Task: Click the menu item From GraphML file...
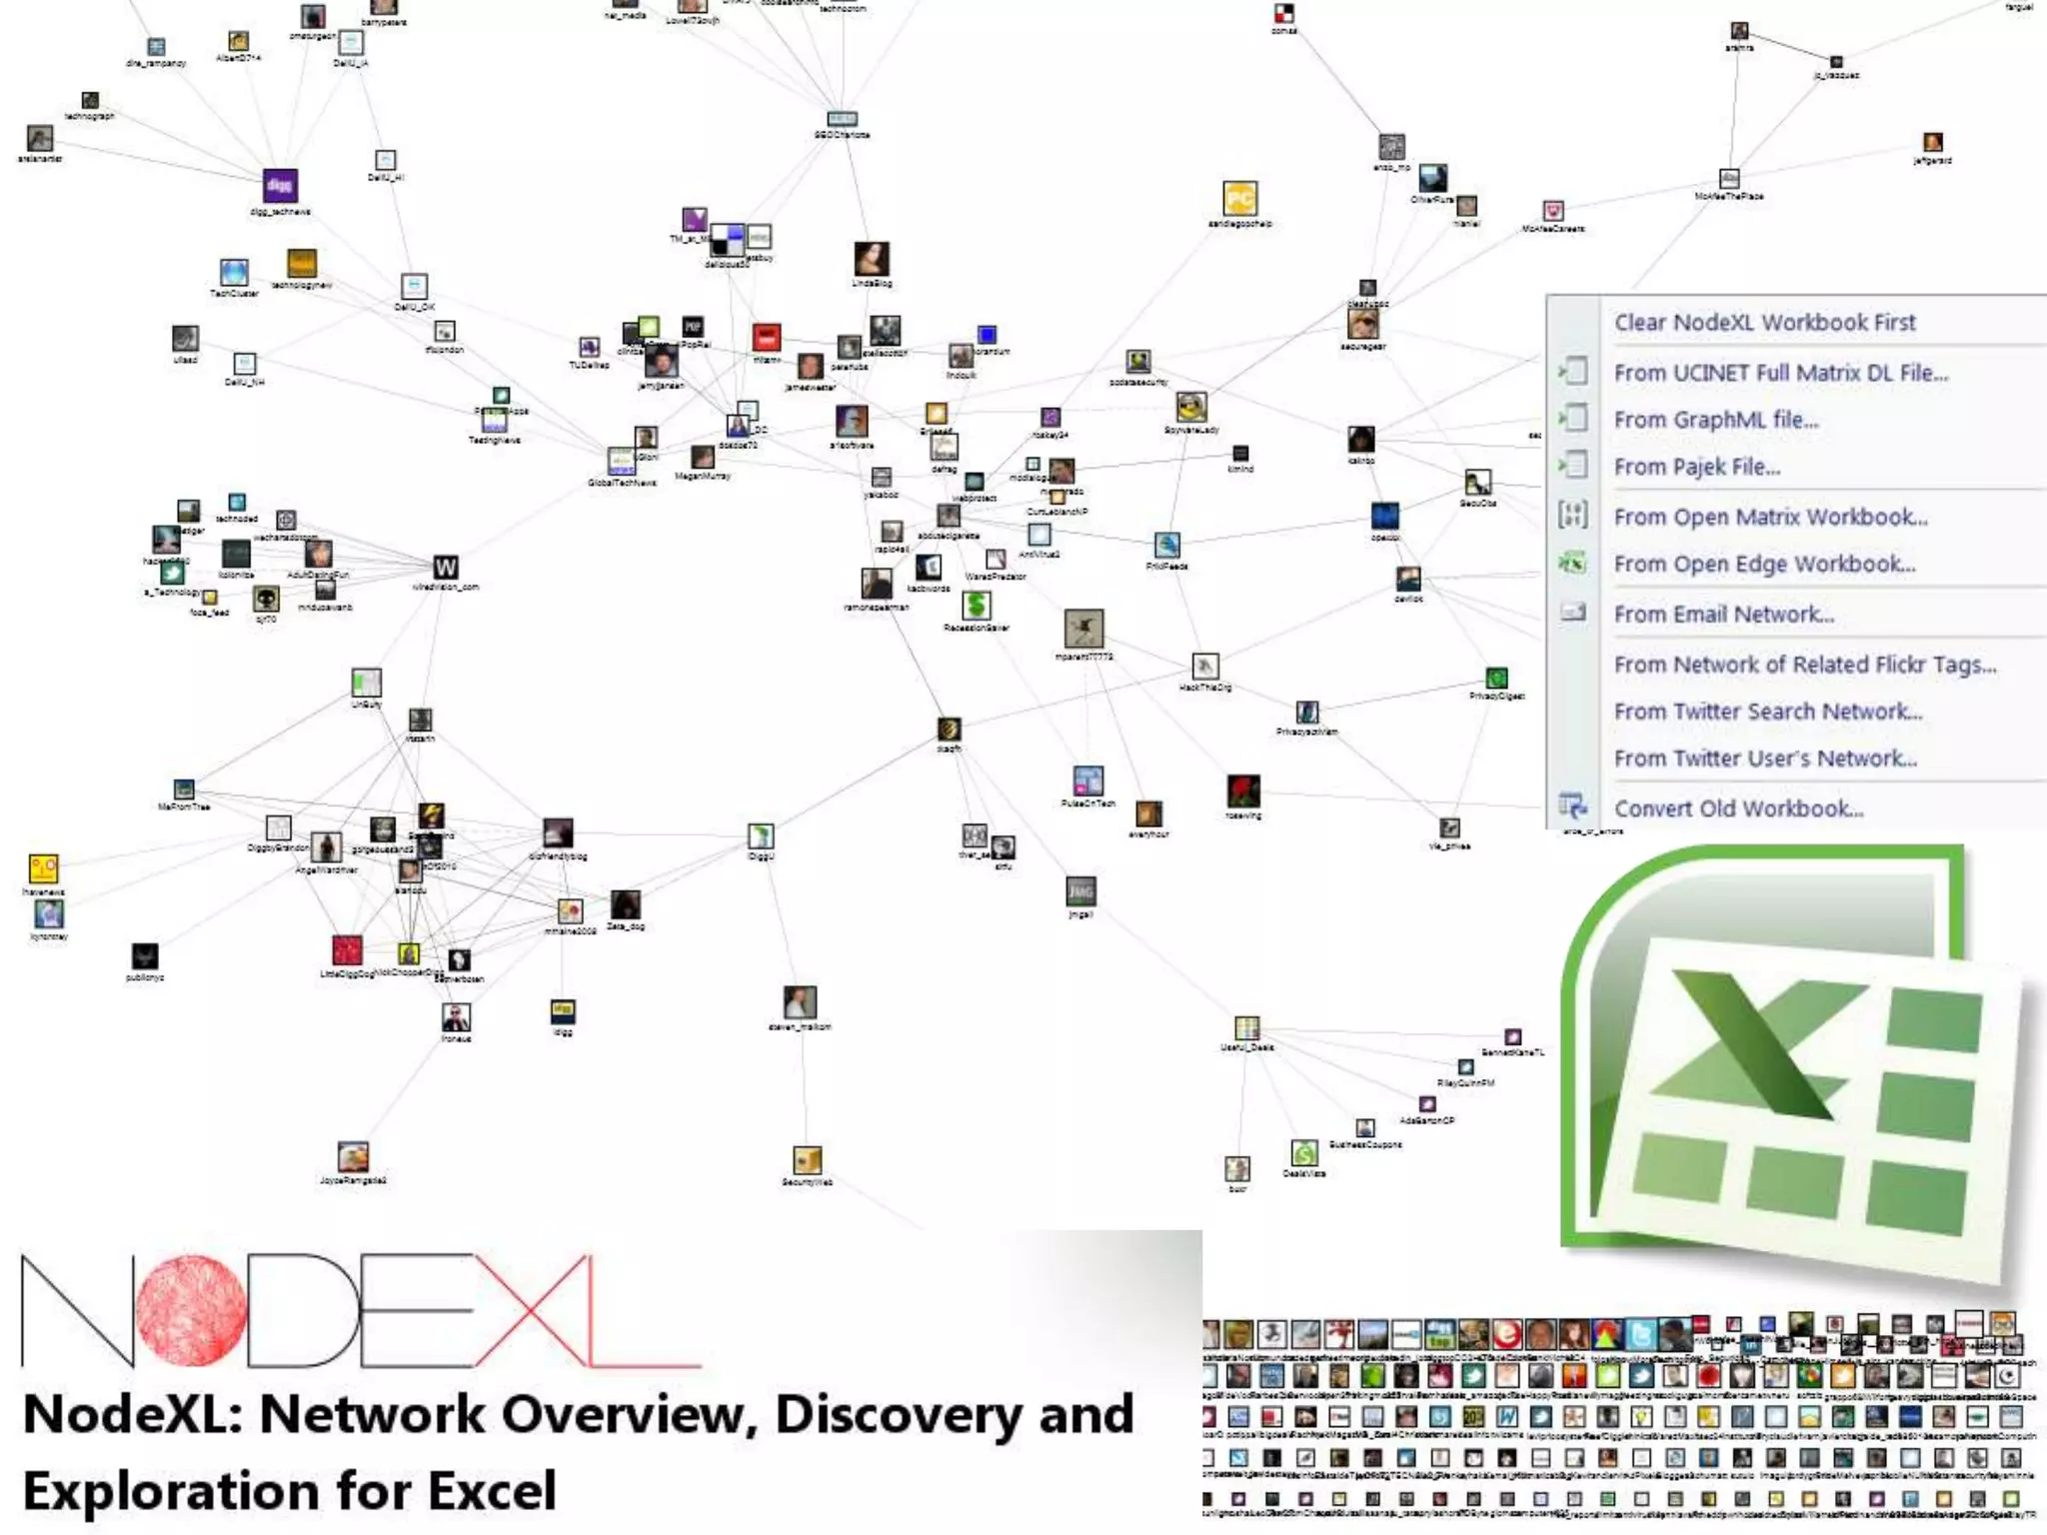click(x=1715, y=420)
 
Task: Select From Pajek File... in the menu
click(x=1696, y=467)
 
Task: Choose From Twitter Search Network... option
click(x=1767, y=712)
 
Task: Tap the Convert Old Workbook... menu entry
click(x=1738, y=808)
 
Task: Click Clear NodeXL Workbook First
click(x=1764, y=322)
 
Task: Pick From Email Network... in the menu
click(x=1723, y=615)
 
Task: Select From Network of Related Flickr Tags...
click(x=1804, y=665)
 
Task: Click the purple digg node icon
click(x=280, y=186)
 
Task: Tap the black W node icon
click(x=446, y=568)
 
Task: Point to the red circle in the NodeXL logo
click(x=191, y=1310)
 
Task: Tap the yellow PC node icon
click(x=1239, y=199)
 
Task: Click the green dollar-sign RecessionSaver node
click(x=977, y=605)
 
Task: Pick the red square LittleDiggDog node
click(x=347, y=949)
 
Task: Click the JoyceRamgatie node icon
click(x=353, y=1157)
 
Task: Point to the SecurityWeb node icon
click(x=807, y=1159)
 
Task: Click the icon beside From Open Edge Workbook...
click(x=1572, y=564)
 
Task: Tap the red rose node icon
click(x=1242, y=790)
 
